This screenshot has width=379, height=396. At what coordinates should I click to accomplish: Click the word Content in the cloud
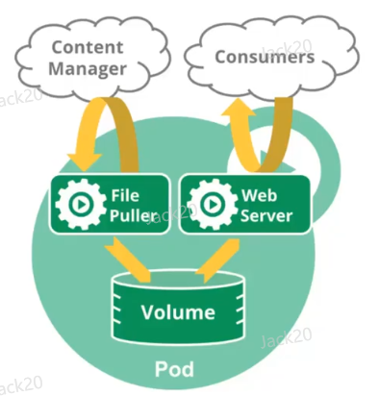pyautogui.click(x=88, y=47)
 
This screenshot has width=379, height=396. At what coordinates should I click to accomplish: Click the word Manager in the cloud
pyautogui.click(x=88, y=69)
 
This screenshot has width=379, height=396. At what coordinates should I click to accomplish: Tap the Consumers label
pyautogui.click(x=265, y=57)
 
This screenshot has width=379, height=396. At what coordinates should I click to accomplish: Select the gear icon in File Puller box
pyautogui.click(x=81, y=204)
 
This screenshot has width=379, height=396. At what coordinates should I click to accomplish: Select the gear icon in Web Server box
pyautogui.click(x=212, y=204)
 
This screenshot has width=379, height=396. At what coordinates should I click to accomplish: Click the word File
pyautogui.click(x=125, y=195)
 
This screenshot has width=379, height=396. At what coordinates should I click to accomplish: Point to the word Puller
pyautogui.click(x=133, y=215)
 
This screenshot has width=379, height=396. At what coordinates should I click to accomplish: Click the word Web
pyautogui.click(x=259, y=195)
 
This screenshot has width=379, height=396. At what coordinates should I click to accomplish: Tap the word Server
pyautogui.click(x=266, y=215)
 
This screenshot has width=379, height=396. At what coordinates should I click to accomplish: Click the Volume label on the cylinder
pyautogui.click(x=178, y=312)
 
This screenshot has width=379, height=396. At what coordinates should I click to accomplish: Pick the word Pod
pyautogui.click(x=174, y=369)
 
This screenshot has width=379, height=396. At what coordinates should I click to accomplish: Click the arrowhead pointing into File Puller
pyautogui.click(x=84, y=161)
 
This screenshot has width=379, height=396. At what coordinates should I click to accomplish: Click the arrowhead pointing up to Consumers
pyautogui.click(x=238, y=107)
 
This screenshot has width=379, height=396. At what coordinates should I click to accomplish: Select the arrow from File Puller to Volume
pyautogui.click(x=128, y=260)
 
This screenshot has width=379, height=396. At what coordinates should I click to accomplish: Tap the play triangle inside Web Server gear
pyautogui.click(x=213, y=204)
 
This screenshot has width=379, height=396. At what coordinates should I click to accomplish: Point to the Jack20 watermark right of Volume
pyautogui.click(x=286, y=337)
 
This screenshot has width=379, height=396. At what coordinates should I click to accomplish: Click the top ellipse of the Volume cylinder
pyautogui.click(x=178, y=279)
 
